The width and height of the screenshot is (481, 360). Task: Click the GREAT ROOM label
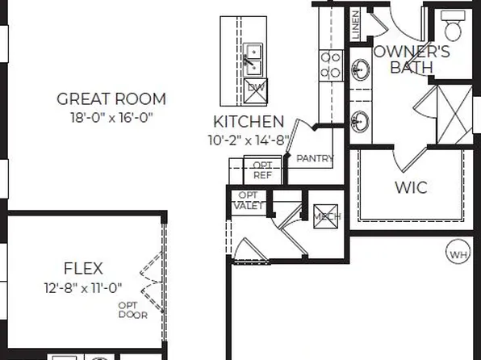[111, 99]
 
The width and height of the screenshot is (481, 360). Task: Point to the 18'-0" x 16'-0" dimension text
[111, 117]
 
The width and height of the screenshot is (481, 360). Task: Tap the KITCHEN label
[249, 122]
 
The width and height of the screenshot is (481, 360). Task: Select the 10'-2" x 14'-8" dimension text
[248, 140]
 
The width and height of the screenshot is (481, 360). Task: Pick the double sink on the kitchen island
[253, 57]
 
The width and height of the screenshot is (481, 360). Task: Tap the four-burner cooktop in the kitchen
[331, 65]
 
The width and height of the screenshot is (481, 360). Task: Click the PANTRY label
[315, 159]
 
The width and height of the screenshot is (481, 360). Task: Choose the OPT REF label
[262, 170]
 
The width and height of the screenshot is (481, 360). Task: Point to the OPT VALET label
[248, 200]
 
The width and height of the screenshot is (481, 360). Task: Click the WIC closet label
[411, 187]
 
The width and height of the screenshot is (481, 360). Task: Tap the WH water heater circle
[458, 255]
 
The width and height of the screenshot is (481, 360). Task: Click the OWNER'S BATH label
[412, 59]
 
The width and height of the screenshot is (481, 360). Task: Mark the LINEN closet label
[356, 25]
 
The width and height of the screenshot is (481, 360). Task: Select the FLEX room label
[83, 269]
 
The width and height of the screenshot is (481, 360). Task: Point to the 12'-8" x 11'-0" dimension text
[83, 287]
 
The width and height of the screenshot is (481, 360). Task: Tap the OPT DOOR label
[132, 310]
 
